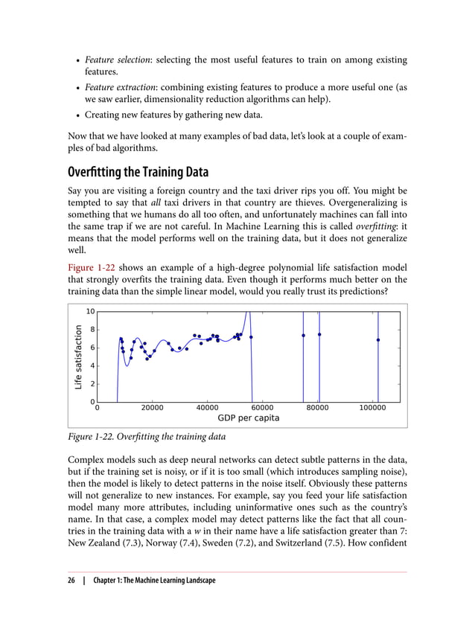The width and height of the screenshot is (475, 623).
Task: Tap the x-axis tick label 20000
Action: [152, 409]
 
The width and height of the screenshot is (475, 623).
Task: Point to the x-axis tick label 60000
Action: [262, 409]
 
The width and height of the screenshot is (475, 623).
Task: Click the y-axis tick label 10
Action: [90, 312]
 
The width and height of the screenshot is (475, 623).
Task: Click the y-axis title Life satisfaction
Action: [77, 357]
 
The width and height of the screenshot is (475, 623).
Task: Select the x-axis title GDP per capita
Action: [248, 419]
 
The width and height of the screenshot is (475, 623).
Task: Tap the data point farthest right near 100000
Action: [378, 340]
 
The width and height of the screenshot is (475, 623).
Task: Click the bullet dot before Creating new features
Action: [77, 115]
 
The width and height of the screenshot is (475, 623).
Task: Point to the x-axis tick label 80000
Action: [319, 409]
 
